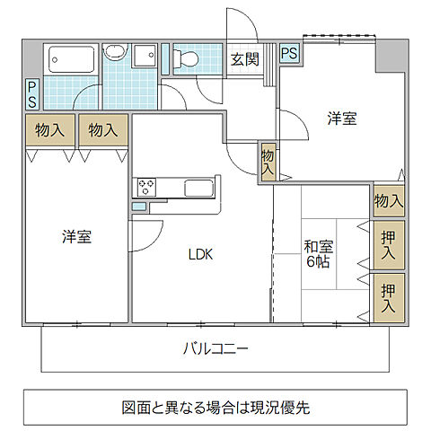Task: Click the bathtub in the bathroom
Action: (70, 60)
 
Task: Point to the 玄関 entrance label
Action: (244, 59)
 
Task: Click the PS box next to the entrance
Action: (290, 53)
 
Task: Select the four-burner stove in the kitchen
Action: (145, 187)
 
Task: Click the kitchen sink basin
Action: (198, 189)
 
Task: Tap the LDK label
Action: (199, 254)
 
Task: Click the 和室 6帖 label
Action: (319, 253)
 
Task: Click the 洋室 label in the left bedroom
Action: (76, 237)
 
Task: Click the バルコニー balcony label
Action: (215, 348)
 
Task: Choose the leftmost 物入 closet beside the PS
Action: (49, 130)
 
